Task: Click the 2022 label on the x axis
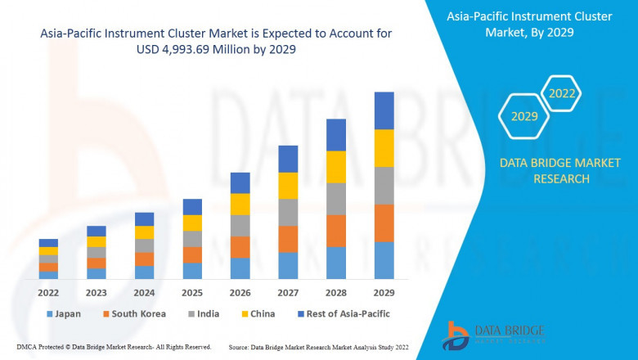pos(48,292)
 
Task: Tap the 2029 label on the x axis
pos(384,292)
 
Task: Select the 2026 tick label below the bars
pos(240,292)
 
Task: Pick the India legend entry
pos(204,313)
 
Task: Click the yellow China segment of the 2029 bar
pos(384,148)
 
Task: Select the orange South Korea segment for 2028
pos(336,231)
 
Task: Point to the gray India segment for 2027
pos(288,213)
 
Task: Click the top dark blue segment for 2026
pos(240,182)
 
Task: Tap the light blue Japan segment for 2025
pos(192,271)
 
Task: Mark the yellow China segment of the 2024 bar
pos(144,232)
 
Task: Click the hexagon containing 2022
pos(561,93)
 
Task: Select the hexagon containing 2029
pos(524,117)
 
